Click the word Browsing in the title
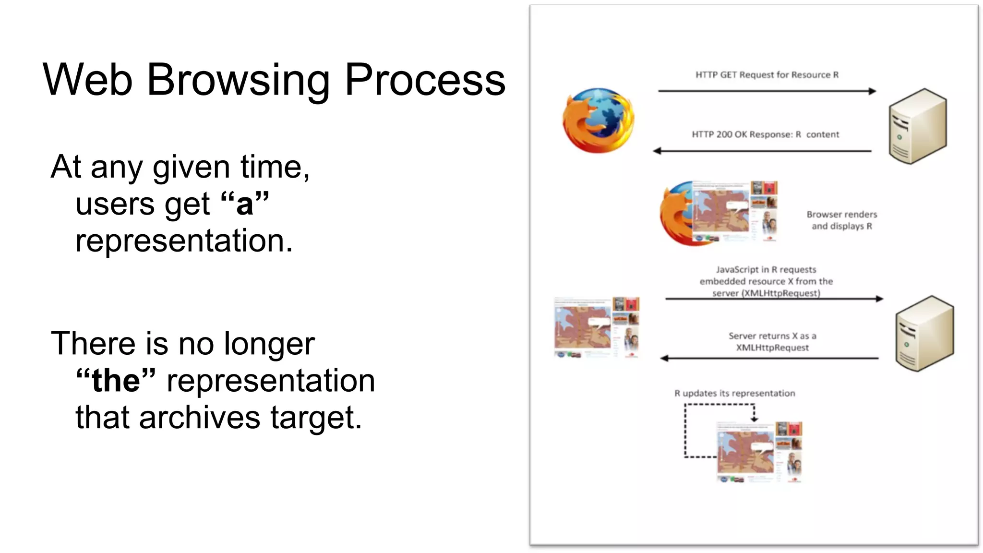238,80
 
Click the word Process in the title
425,80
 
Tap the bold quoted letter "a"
245,204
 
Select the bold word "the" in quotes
116,381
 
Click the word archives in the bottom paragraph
200,417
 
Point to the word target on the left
315,417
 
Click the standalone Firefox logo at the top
598,120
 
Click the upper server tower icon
917,126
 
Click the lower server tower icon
924,334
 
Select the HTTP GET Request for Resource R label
767,75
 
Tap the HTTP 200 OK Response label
765,134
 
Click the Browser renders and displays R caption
841,220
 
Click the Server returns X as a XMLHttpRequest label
772,342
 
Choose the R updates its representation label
734,394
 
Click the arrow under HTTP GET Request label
767,91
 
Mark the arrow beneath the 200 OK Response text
762,151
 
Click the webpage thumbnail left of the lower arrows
597,327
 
